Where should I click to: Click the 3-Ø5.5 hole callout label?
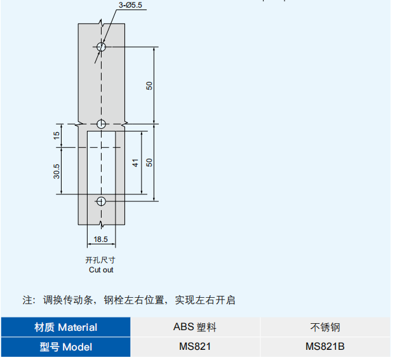(x=130, y=5)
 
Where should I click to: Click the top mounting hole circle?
(x=101, y=46)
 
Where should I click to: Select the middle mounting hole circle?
(x=101, y=124)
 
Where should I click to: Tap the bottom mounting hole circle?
(x=101, y=201)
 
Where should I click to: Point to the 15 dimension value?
(x=57, y=135)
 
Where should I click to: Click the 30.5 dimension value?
(x=57, y=171)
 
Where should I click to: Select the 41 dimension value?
(x=135, y=163)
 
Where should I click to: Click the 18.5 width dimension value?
(x=101, y=239)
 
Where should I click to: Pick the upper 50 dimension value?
(x=149, y=86)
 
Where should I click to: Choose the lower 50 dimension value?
(x=149, y=163)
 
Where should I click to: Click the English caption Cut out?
(x=101, y=270)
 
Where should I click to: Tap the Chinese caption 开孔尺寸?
(x=100, y=260)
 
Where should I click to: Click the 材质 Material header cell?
(x=66, y=327)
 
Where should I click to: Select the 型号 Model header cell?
(x=66, y=347)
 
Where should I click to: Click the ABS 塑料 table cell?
(x=195, y=327)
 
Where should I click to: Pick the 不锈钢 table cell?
(x=325, y=327)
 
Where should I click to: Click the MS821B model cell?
(x=325, y=347)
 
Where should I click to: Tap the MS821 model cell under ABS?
(x=195, y=347)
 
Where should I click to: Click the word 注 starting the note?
(x=27, y=300)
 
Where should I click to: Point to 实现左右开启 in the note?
(x=205, y=300)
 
